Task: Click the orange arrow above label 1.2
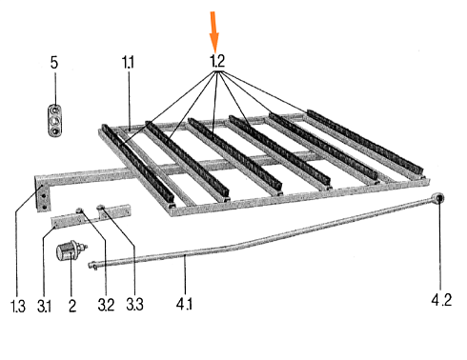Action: click(x=214, y=31)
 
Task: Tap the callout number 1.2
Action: click(x=217, y=61)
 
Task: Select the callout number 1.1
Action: click(x=128, y=62)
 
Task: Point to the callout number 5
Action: click(x=54, y=62)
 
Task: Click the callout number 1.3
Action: click(x=17, y=306)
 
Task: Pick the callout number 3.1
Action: click(x=44, y=306)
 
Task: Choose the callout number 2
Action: click(x=72, y=306)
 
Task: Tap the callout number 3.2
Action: click(x=106, y=305)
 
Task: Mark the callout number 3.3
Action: click(x=134, y=304)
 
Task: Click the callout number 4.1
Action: click(x=184, y=304)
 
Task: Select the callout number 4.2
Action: click(x=441, y=300)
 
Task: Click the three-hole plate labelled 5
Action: click(x=55, y=121)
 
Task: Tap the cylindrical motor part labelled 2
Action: click(x=70, y=250)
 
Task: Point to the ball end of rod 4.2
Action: click(x=438, y=199)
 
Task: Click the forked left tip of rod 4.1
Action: click(x=92, y=265)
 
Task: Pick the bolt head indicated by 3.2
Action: click(x=79, y=210)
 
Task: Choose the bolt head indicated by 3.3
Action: click(x=101, y=208)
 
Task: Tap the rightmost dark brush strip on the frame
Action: click(x=366, y=143)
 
